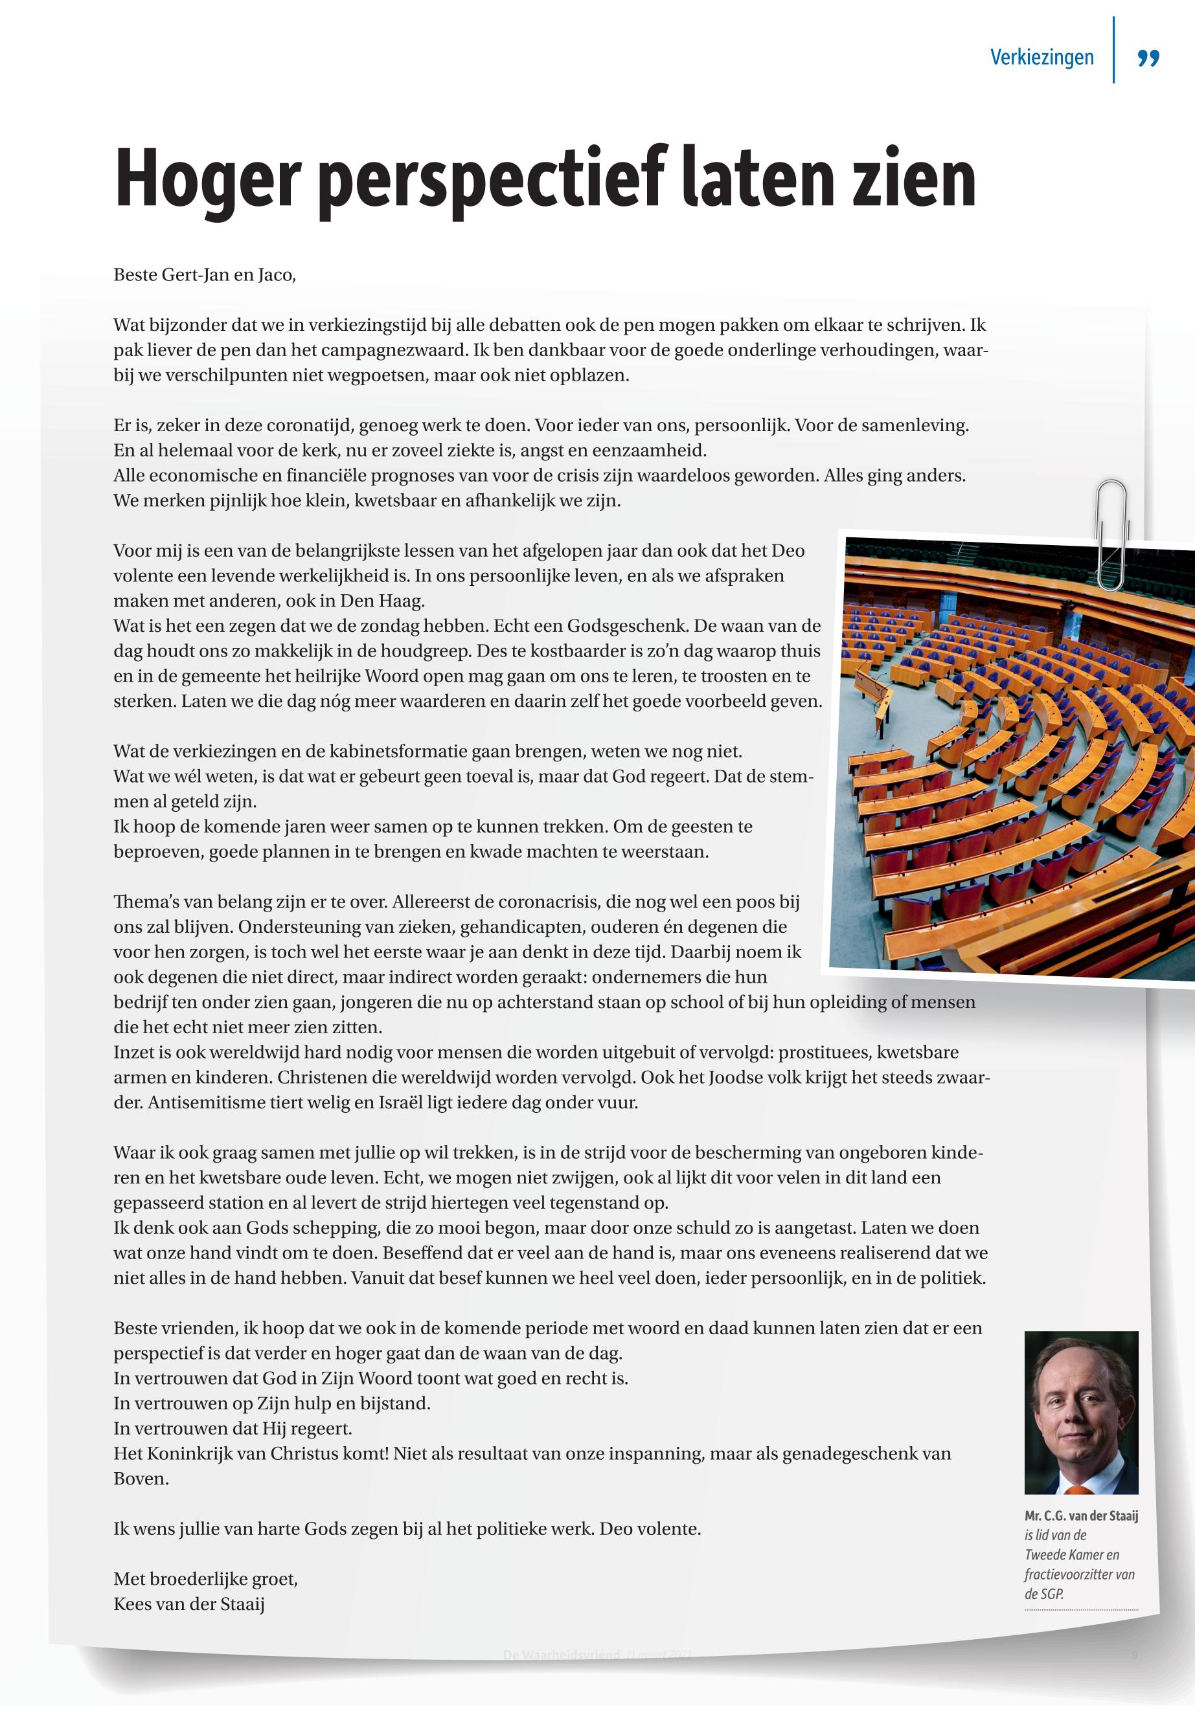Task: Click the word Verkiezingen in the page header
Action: pyautogui.click(x=1041, y=58)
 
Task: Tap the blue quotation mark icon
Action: pyautogui.click(x=1148, y=58)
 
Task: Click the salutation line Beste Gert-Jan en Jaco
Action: pyautogui.click(x=205, y=275)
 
